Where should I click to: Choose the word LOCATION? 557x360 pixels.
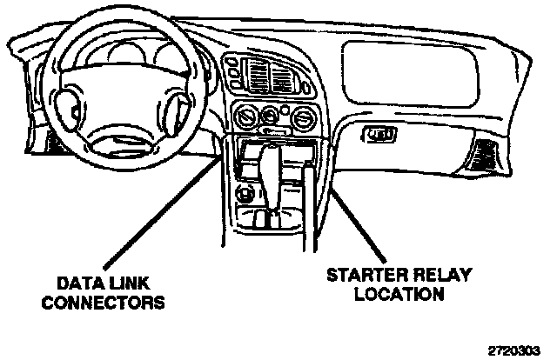click(398, 294)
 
